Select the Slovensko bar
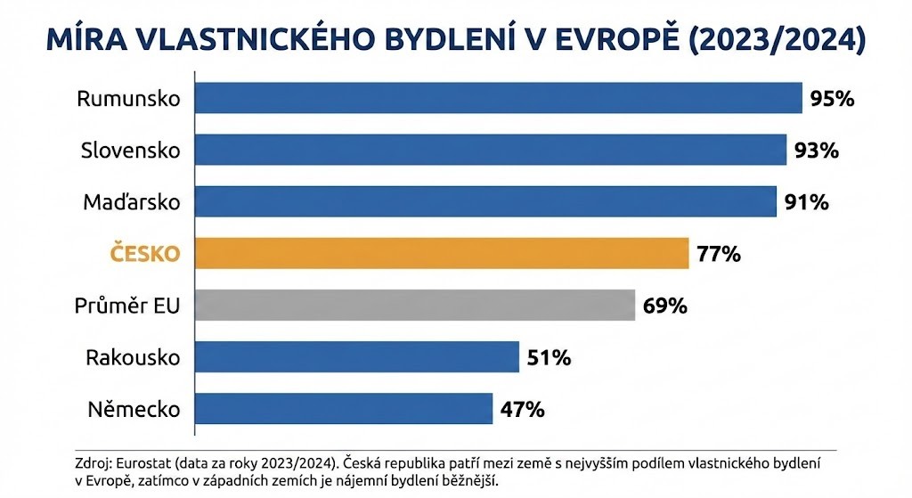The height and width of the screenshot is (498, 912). click(489, 150)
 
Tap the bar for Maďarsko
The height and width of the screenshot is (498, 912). click(484, 202)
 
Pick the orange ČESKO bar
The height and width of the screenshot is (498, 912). click(441, 254)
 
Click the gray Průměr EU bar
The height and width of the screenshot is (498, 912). click(414, 306)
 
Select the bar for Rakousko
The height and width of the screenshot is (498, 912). click(356, 358)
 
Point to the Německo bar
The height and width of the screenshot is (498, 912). click(343, 410)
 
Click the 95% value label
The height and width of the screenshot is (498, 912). click(833, 99)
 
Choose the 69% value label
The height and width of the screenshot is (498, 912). click(665, 306)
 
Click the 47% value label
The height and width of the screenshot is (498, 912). click(523, 411)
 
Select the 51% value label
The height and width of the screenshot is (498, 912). click(549, 359)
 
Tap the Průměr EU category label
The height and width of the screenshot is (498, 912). click(127, 306)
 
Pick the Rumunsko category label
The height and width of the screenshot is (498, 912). click(128, 99)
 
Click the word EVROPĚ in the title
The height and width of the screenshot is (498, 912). click(607, 41)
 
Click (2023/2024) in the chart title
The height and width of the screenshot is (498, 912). click(778, 41)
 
